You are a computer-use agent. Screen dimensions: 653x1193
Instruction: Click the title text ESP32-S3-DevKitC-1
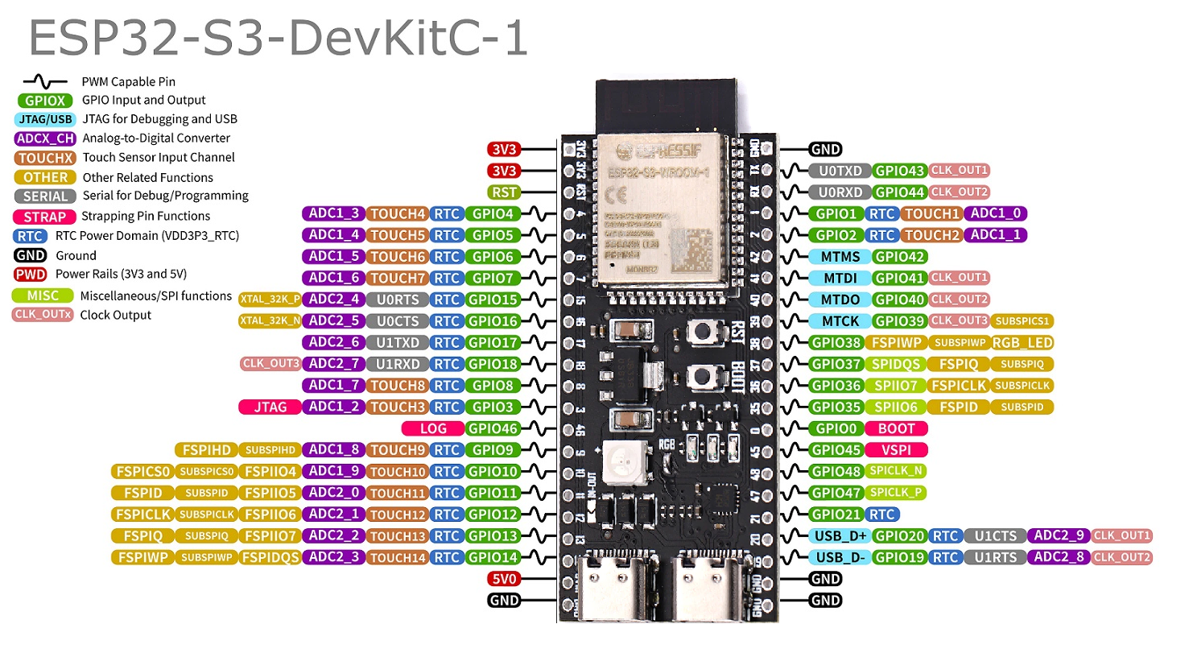coord(278,39)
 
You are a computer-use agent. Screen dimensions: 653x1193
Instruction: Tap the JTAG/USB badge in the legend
coord(45,119)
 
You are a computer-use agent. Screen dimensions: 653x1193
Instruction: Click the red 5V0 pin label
coord(506,579)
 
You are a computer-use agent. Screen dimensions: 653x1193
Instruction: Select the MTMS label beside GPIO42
coord(840,257)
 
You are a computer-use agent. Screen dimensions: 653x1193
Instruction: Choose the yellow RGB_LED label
coord(1022,343)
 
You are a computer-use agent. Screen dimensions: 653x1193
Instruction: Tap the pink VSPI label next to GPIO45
coord(896,450)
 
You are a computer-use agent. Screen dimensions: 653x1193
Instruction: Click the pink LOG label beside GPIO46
coord(433,429)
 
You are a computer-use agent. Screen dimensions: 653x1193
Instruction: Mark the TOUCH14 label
coord(397,557)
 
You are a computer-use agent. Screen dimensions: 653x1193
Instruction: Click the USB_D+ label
coord(840,536)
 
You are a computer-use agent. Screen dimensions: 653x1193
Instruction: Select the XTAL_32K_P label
coord(270,300)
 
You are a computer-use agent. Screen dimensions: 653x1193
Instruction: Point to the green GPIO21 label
coord(836,515)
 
